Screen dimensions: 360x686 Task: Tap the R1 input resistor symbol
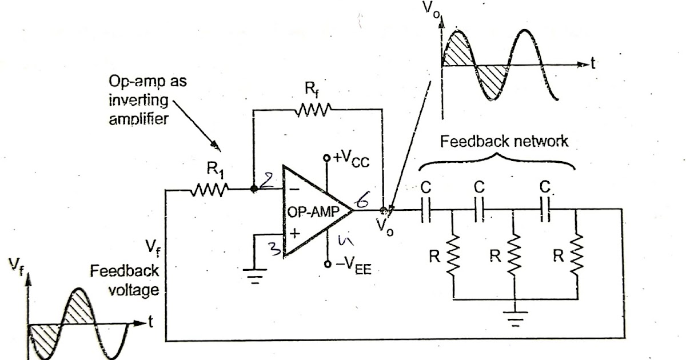coord(211,189)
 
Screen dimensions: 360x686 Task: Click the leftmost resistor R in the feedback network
coord(453,256)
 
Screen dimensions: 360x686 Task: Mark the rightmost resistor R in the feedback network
coord(576,256)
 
